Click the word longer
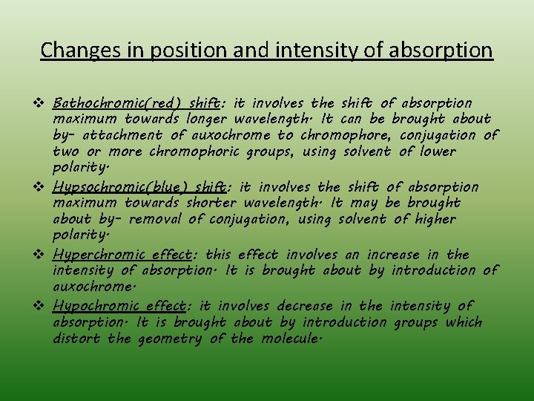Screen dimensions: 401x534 (207, 119)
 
